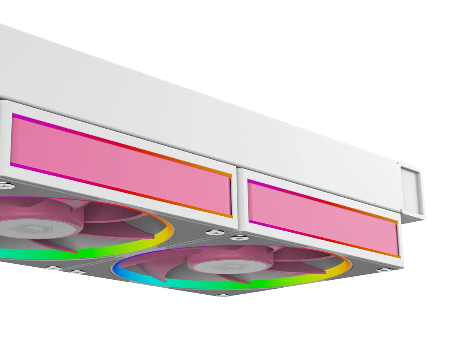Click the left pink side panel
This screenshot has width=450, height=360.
coord(120,165)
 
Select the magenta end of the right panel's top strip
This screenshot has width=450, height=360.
coord(250,181)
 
